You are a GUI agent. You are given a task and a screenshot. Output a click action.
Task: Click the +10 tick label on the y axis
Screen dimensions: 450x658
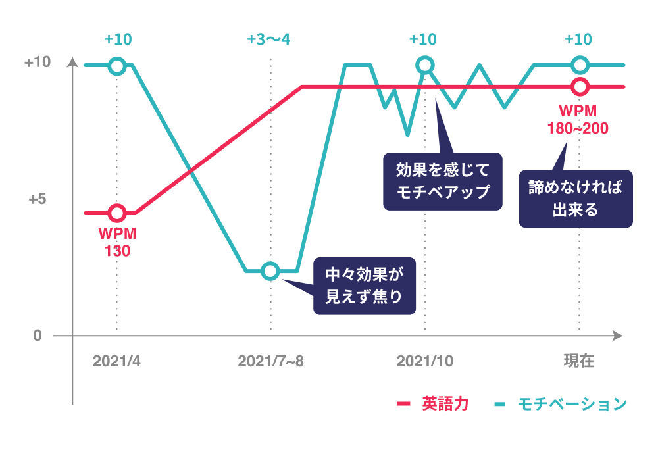click(38, 63)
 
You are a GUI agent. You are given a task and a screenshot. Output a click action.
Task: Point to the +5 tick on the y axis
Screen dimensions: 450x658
click(38, 199)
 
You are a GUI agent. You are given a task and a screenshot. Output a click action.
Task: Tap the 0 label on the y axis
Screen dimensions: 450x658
click(38, 336)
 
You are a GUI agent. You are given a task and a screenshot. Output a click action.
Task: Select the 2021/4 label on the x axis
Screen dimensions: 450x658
click(116, 361)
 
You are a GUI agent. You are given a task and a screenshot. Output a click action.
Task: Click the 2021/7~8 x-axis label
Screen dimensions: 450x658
click(270, 361)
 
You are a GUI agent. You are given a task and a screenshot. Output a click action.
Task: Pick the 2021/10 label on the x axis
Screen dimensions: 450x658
click(424, 361)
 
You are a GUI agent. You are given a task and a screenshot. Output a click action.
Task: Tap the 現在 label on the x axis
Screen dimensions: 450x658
click(579, 361)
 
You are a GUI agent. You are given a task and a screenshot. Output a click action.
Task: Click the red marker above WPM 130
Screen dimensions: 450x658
click(117, 213)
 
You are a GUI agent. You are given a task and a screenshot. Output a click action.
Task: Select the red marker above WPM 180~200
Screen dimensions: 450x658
click(580, 86)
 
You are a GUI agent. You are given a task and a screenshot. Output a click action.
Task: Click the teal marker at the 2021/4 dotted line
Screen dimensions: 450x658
click(117, 65)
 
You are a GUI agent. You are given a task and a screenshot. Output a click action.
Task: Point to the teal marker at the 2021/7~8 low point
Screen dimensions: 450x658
click(270, 270)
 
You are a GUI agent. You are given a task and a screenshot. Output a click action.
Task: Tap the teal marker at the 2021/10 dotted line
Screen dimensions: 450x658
click(425, 65)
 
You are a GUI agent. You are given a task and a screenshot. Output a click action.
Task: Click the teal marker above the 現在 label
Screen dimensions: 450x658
click(580, 65)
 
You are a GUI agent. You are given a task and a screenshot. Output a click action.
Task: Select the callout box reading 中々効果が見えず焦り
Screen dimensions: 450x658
click(364, 286)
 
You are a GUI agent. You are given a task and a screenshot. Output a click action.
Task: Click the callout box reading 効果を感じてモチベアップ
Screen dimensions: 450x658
click(442, 182)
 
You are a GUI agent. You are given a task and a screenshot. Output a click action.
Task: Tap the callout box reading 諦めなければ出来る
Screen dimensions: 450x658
click(575, 199)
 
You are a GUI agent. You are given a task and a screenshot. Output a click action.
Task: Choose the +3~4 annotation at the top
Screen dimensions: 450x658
click(268, 39)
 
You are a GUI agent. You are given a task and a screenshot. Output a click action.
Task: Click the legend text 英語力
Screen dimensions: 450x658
click(445, 404)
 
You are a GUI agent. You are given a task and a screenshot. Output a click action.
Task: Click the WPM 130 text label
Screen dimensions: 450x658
click(117, 241)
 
